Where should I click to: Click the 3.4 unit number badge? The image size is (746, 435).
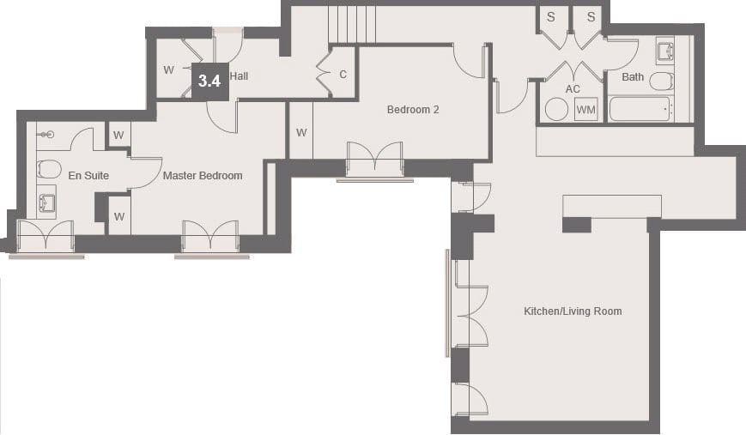pos(209,82)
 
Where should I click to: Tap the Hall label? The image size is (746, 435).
pos(239,76)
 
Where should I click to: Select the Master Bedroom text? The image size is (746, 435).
pos(203,175)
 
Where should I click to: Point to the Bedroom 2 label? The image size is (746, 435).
pos(413,110)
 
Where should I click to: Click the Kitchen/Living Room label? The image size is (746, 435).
pos(573,311)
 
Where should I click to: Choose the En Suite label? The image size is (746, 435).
pos(88,175)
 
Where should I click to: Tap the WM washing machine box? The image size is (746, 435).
pos(585,109)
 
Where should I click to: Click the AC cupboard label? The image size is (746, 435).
pos(573,89)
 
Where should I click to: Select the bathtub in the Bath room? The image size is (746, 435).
pos(641,109)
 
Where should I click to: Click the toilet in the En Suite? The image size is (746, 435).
pos(49,169)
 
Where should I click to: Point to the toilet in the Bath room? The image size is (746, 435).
pos(662,81)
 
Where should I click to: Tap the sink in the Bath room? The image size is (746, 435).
pos(665,51)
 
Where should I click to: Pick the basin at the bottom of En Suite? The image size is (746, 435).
pos(46,202)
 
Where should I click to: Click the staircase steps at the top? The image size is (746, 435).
pos(352,25)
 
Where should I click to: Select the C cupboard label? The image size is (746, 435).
pos(343,75)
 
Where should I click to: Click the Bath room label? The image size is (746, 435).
pos(633,77)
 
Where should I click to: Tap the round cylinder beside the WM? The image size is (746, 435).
pos(556,109)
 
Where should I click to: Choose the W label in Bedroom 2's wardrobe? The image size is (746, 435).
pos(301,133)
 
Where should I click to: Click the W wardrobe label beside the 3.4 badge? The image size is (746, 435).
pos(168,70)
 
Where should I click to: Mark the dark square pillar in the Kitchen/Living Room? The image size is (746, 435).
pos(577,225)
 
